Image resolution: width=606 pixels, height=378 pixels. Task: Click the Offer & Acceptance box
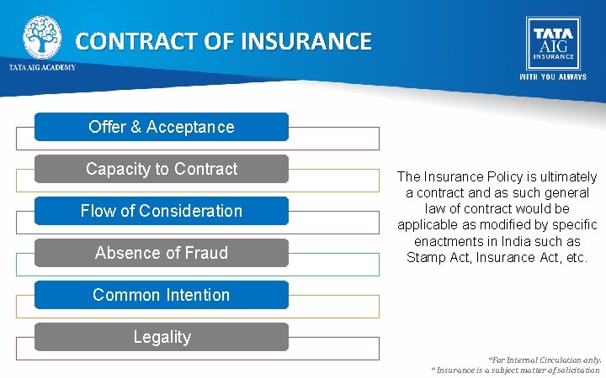(x=162, y=127)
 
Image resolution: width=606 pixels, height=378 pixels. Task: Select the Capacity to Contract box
(x=162, y=169)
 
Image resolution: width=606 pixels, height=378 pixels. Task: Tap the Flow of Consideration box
(x=162, y=211)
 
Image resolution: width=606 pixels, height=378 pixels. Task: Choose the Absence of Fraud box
(x=162, y=253)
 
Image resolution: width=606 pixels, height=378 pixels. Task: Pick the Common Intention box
(x=162, y=295)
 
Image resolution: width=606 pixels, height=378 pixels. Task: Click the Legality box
(x=162, y=337)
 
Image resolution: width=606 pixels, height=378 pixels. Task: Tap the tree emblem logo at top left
(x=41, y=35)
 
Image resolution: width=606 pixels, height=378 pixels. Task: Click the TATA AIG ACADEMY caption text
(x=42, y=67)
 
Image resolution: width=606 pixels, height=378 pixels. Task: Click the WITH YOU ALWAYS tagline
(x=552, y=76)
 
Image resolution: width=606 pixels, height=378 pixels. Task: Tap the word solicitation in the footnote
(x=576, y=370)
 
